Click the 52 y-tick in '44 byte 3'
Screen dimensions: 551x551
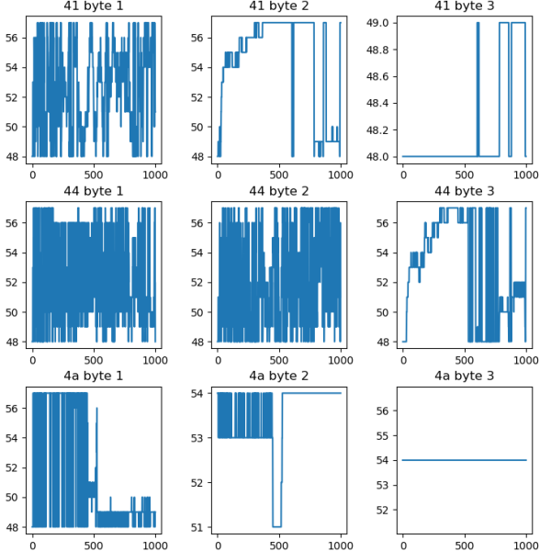[x=386, y=282]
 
